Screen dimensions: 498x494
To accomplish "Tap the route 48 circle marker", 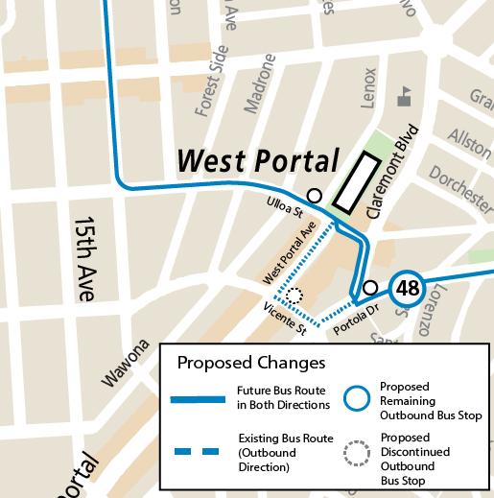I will click(x=409, y=288).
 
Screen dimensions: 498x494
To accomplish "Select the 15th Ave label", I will click(x=85, y=259).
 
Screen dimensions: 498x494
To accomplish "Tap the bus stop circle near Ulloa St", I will click(x=314, y=195).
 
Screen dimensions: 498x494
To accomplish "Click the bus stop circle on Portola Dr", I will click(x=370, y=288).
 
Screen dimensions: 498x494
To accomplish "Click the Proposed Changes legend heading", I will click(x=251, y=364).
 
